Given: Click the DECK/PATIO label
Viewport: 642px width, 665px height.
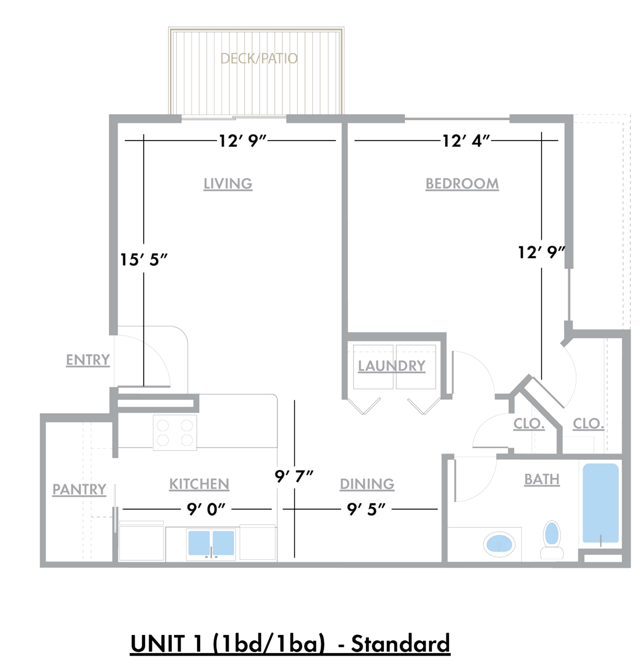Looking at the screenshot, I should [259, 59].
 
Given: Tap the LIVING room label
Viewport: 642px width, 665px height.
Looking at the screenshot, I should [227, 184].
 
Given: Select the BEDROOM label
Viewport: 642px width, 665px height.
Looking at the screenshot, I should [462, 184].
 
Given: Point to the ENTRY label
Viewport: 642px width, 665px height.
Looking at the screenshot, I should [88, 360].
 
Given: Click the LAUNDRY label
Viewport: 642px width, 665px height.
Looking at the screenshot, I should [391, 366].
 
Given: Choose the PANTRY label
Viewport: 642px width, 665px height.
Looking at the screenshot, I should [79, 489].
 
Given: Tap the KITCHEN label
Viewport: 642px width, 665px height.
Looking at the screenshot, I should [199, 484].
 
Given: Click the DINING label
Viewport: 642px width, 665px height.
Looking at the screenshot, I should [367, 484].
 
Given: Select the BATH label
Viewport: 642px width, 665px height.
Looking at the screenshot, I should [541, 479].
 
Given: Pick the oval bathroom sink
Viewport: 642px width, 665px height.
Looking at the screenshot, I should [499, 544].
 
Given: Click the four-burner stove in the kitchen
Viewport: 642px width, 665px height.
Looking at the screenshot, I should [175, 433].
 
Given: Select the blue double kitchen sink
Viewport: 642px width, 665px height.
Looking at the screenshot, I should [211, 543].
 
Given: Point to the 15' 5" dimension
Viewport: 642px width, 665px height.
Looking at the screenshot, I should [144, 260].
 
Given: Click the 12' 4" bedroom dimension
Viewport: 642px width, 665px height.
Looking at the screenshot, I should [466, 141].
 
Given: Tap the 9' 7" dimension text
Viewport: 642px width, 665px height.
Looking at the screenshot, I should [294, 477].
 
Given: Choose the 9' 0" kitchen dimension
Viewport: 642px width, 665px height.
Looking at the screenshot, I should [206, 509].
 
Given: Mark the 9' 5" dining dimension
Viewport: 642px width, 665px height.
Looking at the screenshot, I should [366, 509].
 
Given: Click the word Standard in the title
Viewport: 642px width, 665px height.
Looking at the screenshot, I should [400, 644].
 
